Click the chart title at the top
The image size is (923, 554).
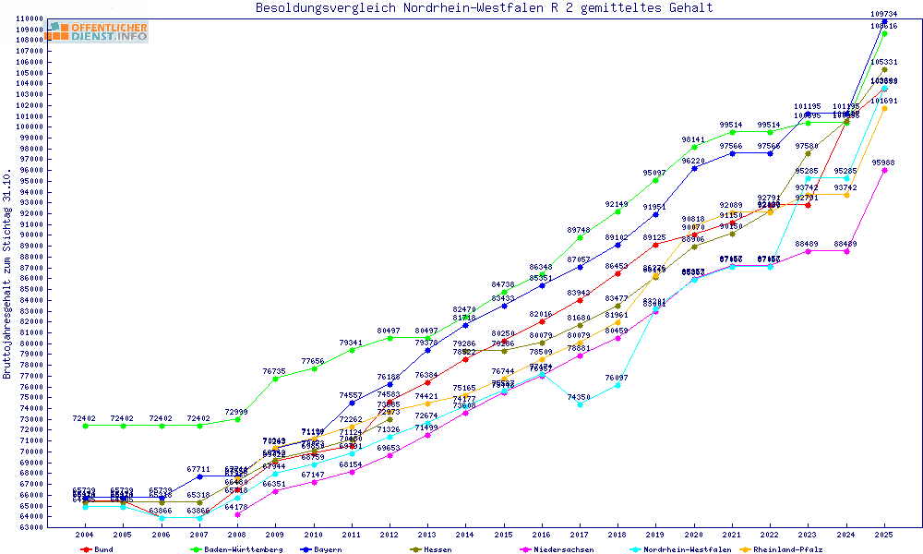tap(484, 8)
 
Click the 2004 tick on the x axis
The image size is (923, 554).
tap(85, 535)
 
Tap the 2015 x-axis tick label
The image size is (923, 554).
tap(504, 535)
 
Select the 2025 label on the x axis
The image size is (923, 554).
tap(885, 535)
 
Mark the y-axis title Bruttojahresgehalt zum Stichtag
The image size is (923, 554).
tap(7, 274)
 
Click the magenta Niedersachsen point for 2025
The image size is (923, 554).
tap(885, 170)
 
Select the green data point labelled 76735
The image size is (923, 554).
tap(275, 379)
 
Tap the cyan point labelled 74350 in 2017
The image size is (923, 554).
tap(580, 404)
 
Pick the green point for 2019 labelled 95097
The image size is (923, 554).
tap(656, 180)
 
